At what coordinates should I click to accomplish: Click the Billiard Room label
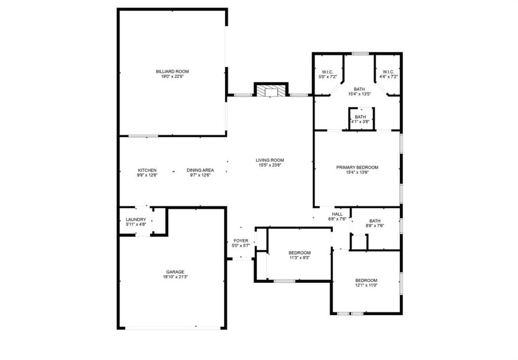tap(172, 71)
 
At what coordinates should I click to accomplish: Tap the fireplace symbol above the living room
tap(271, 91)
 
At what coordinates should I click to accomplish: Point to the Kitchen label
tap(147, 170)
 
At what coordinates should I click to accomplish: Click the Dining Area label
tap(200, 170)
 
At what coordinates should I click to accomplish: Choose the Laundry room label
tap(136, 219)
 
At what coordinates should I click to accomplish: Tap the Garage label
tap(172, 272)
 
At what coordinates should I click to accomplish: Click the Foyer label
tap(241, 241)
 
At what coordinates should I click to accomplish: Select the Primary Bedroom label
tap(357, 167)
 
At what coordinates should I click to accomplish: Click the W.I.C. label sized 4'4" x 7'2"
tap(388, 71)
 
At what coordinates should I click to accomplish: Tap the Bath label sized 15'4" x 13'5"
tap(360, 89)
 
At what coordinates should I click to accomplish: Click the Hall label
tap(337, 214)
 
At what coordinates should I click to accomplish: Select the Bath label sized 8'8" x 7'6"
tap(375, 220)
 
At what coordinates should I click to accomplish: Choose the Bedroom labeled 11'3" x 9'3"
tap(299, 253)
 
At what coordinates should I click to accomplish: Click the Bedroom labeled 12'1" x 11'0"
tap(366, 281)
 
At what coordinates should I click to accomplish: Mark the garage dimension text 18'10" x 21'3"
tap(172, 277)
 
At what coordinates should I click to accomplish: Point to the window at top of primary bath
tap(360, 53)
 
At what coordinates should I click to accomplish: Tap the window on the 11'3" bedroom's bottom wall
tap(284, 281)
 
